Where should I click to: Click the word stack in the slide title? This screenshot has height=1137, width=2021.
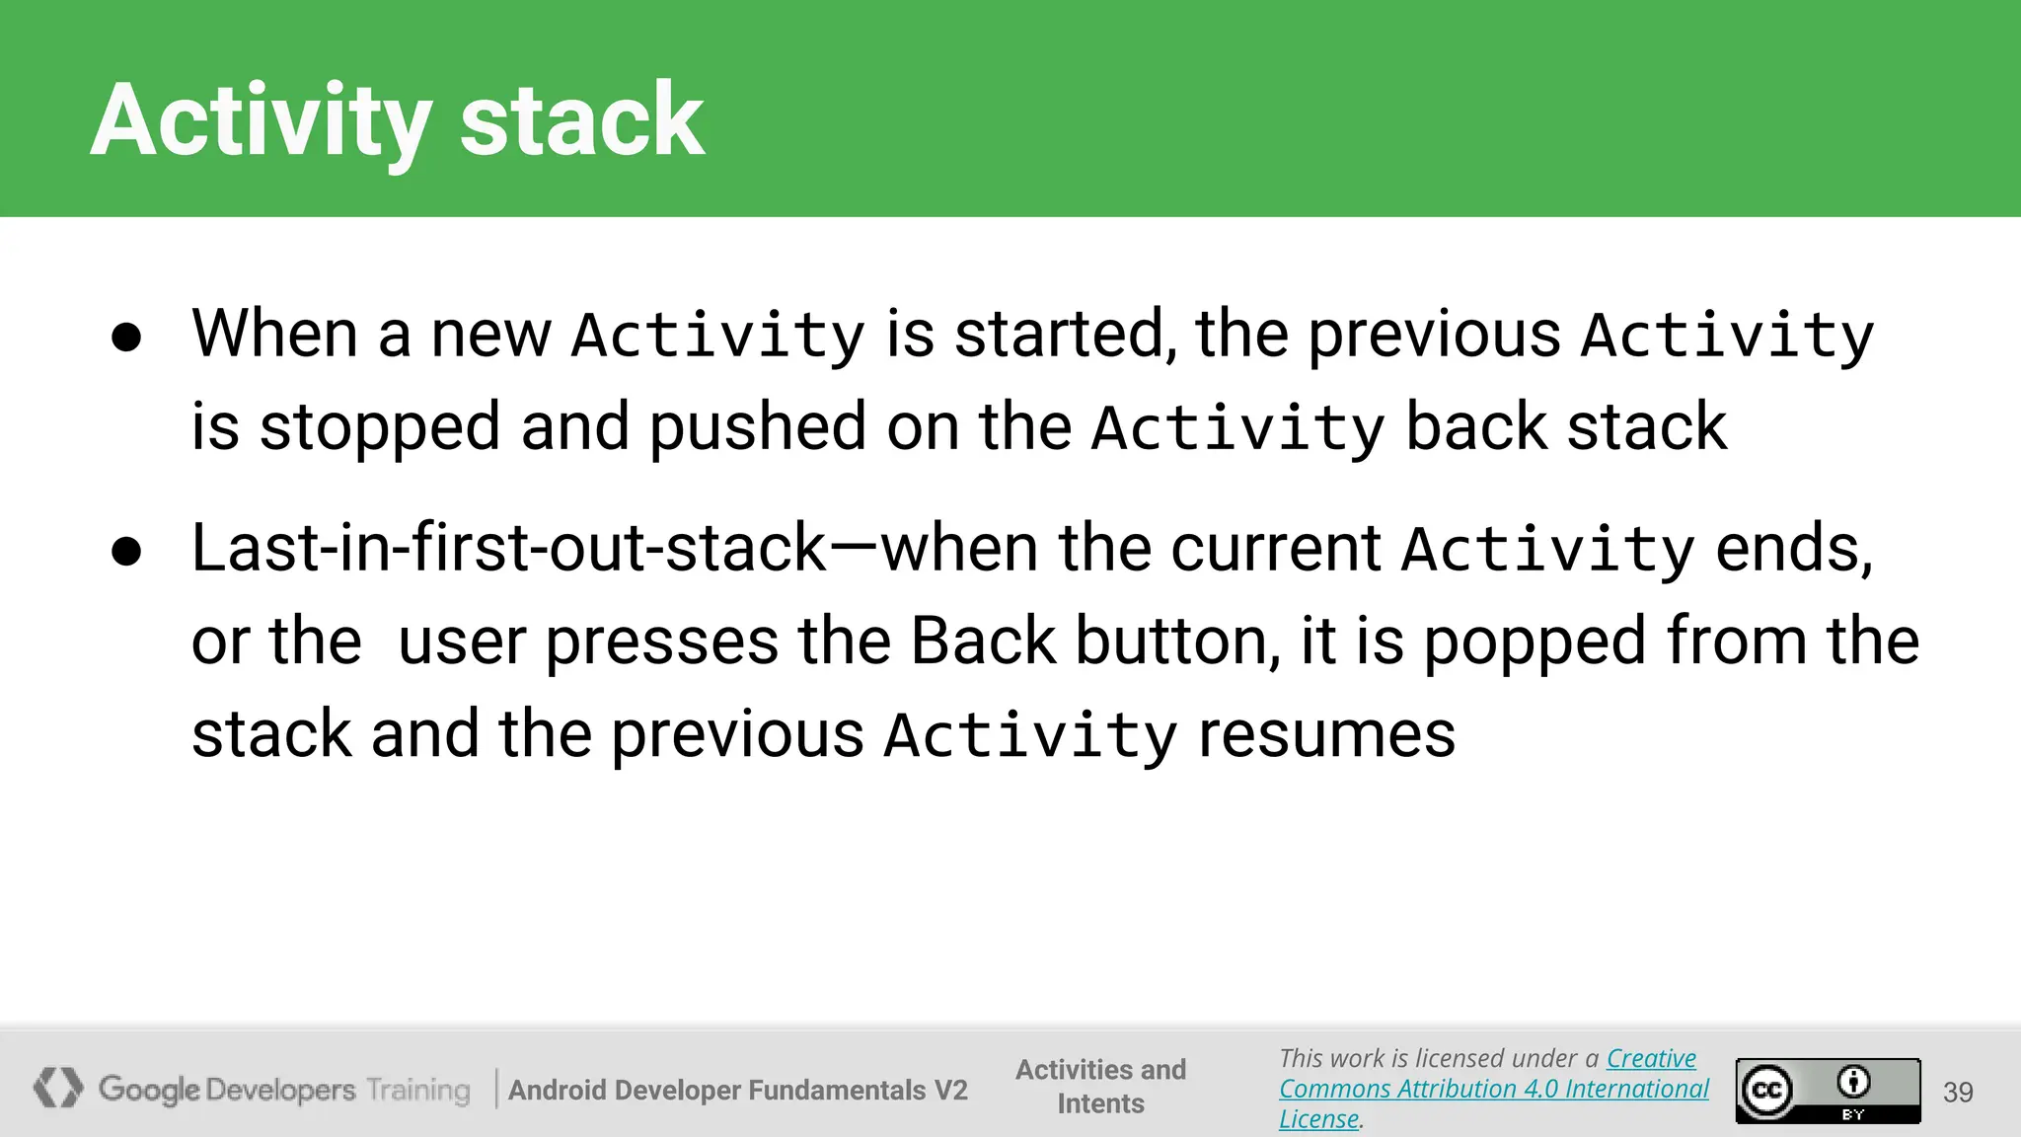point(582,120)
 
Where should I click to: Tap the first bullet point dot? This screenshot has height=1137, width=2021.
point(126,338)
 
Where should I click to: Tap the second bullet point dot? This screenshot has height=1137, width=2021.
point(126,552)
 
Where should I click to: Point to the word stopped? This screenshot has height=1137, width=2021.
point(380,428)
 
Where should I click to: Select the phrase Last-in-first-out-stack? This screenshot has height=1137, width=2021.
point(508,548)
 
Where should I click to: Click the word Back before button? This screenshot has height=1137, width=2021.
point(983,641)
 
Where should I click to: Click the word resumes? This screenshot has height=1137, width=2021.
point(1326,735)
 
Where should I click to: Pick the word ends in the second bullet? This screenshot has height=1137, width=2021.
point(1792,548)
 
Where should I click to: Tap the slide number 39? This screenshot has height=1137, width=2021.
point(1958,1092)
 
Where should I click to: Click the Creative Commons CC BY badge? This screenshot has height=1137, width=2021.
point(1828,1091)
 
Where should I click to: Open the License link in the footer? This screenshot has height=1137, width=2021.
point(1318,1119)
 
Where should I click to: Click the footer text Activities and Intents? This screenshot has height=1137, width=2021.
point(1100,1086)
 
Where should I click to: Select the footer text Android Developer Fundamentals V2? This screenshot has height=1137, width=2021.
point(737,1090)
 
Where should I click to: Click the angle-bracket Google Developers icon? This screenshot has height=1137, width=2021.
point(57,1088)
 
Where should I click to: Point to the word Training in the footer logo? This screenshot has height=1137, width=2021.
point(418,1090)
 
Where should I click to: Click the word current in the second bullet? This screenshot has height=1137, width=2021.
point(1275,548)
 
